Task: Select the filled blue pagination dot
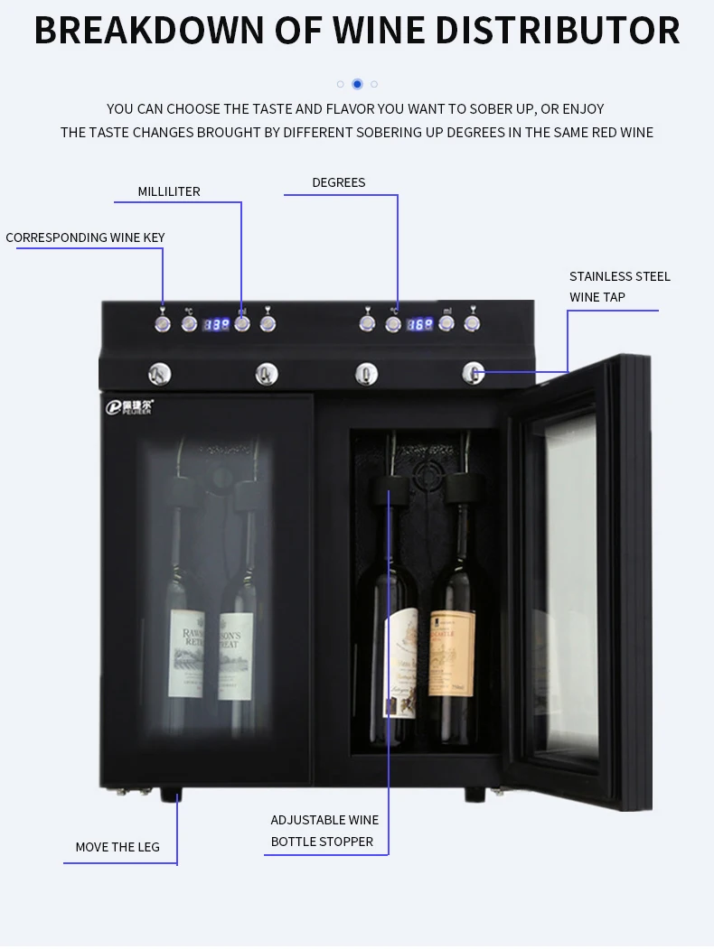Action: point(357,84)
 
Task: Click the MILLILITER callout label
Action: point(169,191)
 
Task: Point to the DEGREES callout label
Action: point(339,182)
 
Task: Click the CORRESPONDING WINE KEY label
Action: point(86,237)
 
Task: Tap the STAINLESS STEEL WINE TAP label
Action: point(619,286)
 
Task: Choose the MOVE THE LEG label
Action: point(117,847)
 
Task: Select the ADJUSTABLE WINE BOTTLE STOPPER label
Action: point(324,831)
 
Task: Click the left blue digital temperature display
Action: point(215,324)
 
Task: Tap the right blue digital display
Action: point(419,324)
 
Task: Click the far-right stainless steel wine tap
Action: point(472,372)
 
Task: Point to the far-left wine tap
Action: point(159,372)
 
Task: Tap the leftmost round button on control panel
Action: point(163,323)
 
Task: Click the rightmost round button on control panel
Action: point(472,323)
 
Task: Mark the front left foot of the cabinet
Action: point(171,795)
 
